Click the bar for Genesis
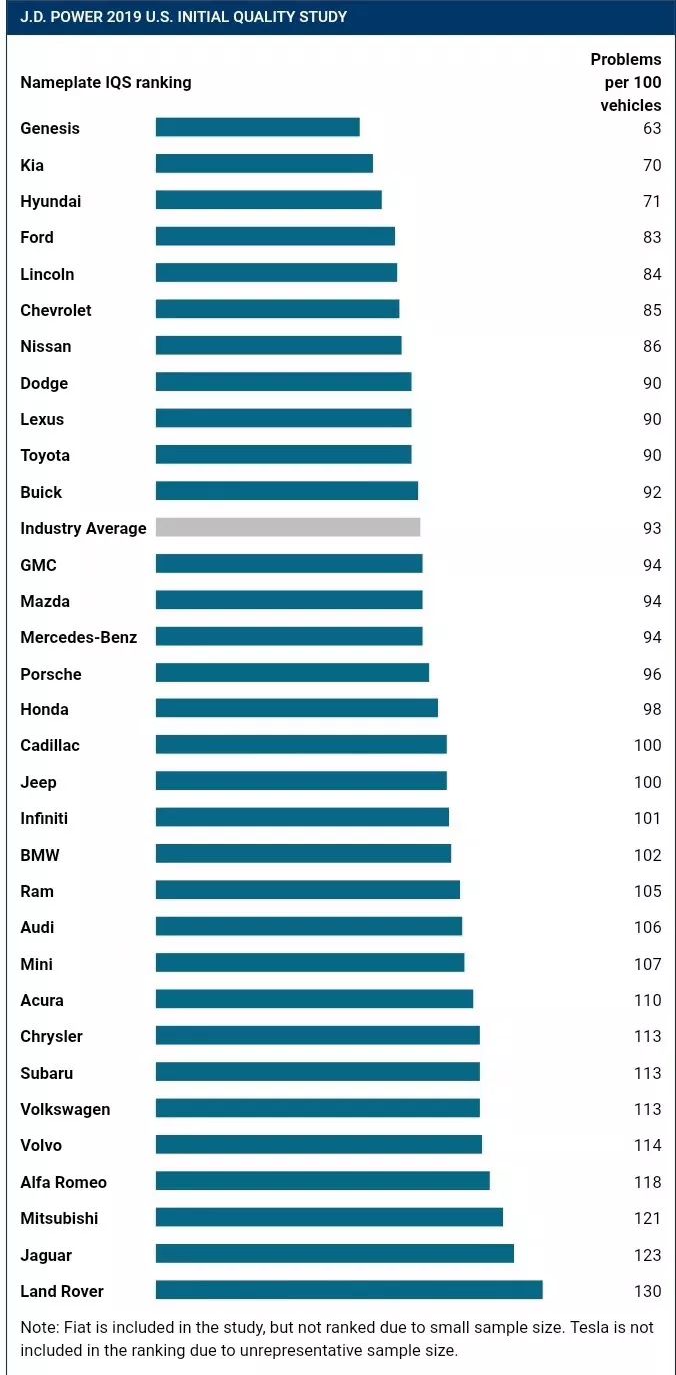257,127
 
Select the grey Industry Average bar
288,527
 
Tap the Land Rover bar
349,1290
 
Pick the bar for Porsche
292,673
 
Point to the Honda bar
297,708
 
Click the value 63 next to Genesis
652,128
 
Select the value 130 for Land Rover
647,1291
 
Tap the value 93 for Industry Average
652,528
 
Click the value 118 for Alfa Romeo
647,1182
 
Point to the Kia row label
32,165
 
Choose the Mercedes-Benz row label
78,637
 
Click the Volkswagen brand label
65,1109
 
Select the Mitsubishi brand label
59,1218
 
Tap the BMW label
40,855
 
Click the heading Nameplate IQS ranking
105,82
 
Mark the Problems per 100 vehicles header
627,82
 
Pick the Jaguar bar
334,1254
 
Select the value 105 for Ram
647,891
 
